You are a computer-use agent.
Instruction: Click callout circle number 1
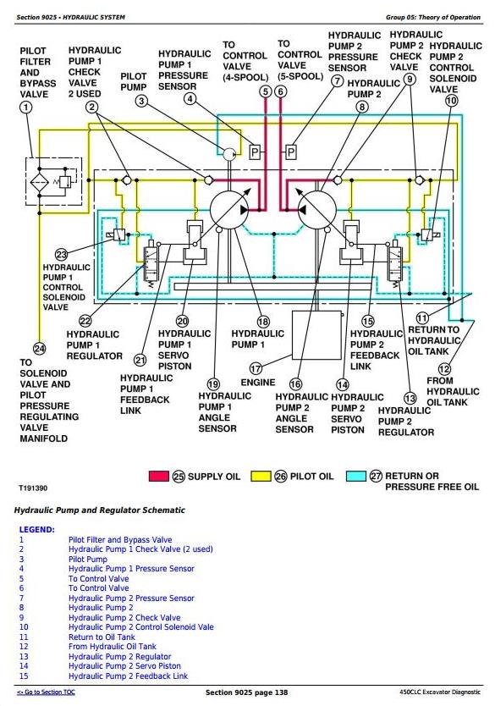(x=26, y=108)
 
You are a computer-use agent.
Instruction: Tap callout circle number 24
(x=40, y=349)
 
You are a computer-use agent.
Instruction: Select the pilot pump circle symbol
(x=229, y=154)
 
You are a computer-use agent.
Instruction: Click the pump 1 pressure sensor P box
(x=255, y=152)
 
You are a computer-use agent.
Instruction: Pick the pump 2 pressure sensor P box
(x=291, y=152)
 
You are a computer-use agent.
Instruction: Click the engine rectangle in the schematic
(x=317, y=334)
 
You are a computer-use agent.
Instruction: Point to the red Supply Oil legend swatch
(x=159, y=477)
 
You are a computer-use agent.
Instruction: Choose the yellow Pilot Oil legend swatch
(x=261, y=477)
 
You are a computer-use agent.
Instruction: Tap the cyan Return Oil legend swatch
(x=356, y=477)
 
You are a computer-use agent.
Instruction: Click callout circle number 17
(x=256, y=368)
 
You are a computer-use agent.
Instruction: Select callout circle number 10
(x=451, y=101)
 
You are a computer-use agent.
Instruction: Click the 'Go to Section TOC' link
(x=46, y=692)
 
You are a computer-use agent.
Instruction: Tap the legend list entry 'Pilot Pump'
(x=88, y=560)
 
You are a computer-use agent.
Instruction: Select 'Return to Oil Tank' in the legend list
(x=102, y=637)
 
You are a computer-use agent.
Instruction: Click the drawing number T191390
(x=33, y=488)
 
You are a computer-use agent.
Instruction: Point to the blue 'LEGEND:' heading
(x=37, y=530)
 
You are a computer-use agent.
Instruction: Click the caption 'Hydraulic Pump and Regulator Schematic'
(x=100, y=510)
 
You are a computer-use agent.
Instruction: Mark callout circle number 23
(x=61, y=255)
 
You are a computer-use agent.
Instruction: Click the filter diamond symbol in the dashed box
(x=39, y=182)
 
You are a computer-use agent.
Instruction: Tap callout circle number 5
(x=266, y=92)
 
